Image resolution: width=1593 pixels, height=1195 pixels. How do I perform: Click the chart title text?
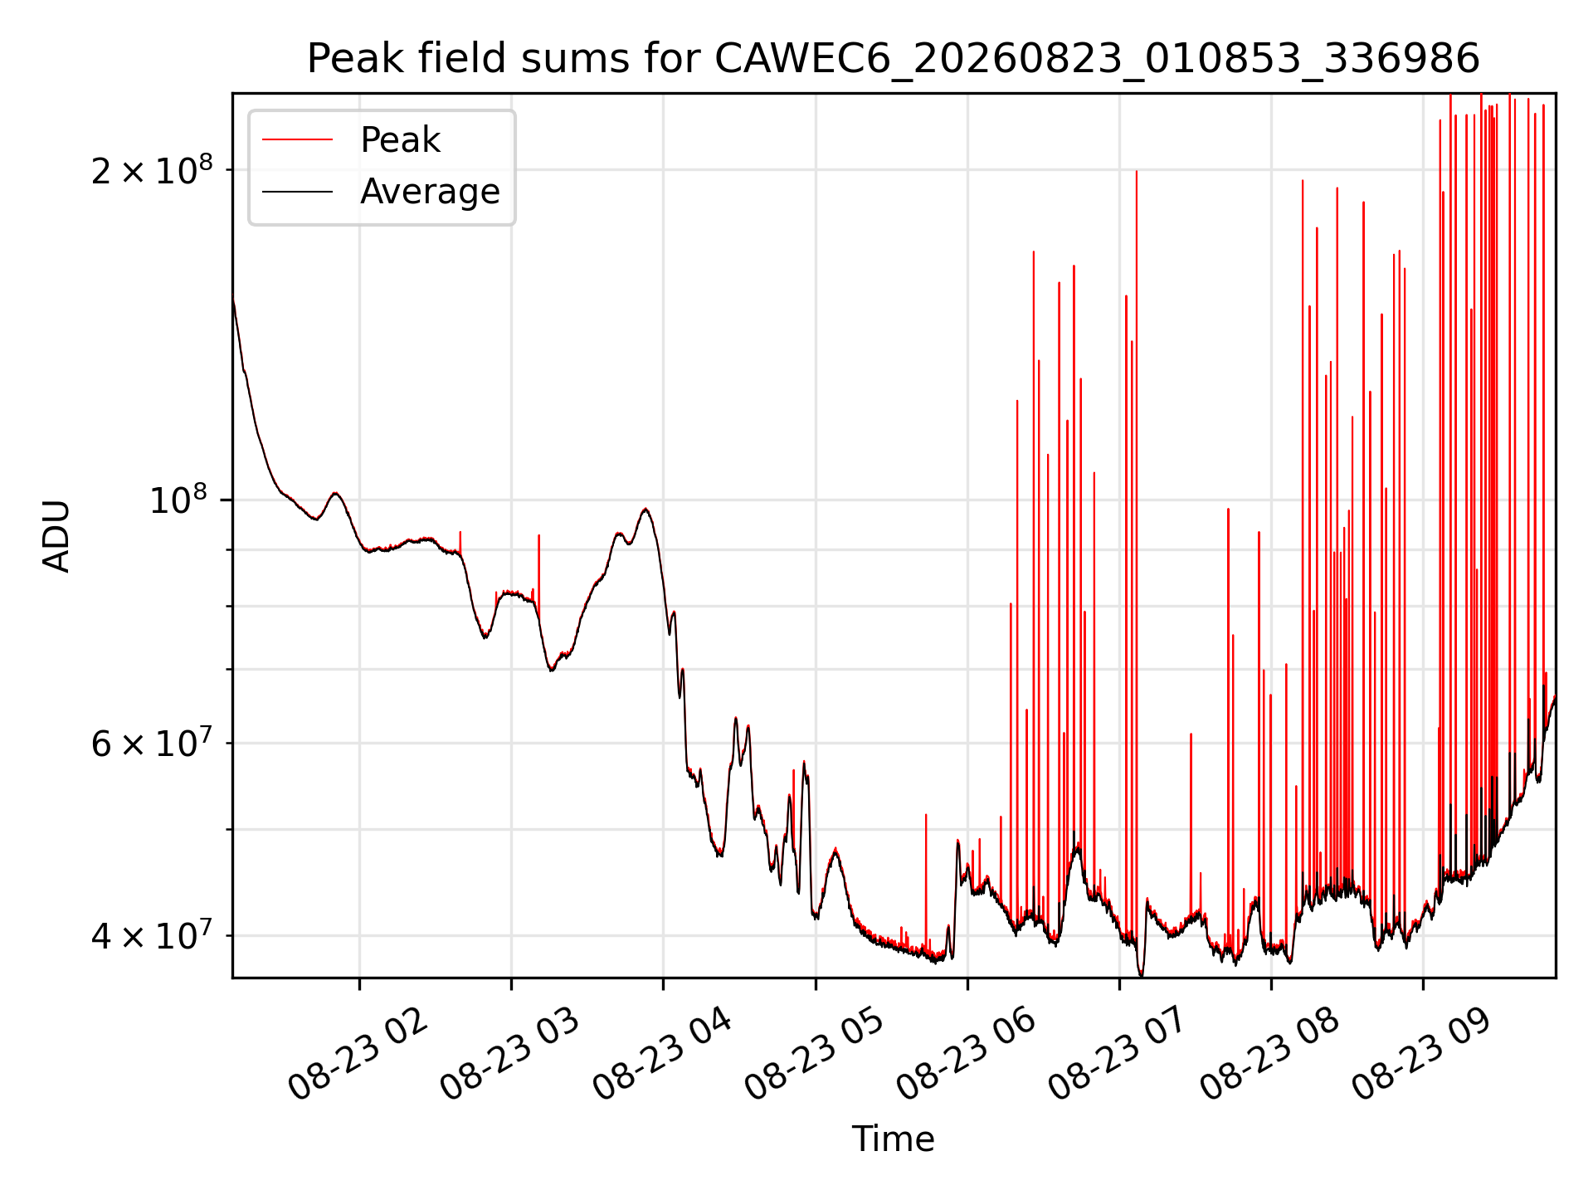point(894,59)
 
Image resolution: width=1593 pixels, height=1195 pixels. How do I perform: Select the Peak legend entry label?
point(400,140)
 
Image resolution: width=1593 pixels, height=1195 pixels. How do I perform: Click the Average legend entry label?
point(430,192)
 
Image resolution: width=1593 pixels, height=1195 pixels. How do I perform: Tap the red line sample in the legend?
point(297,140)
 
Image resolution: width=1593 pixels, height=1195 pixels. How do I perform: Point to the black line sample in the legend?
point(297,192)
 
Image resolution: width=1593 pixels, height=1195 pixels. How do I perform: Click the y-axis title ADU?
point(57,536)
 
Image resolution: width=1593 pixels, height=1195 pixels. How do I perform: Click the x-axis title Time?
point(894,1139)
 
